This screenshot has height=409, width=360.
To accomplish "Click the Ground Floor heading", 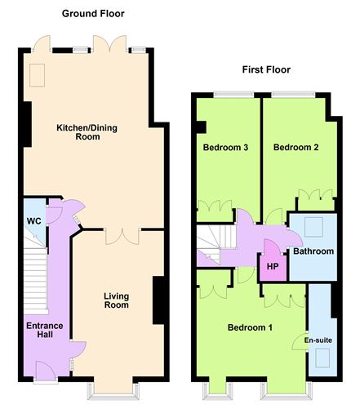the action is point(93,14).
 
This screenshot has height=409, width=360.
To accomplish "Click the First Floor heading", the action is point(266,69).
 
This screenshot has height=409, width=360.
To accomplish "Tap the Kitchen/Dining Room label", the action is point(87,132).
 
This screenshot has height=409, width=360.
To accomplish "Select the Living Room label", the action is point(117,300).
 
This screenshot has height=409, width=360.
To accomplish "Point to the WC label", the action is point(34,221).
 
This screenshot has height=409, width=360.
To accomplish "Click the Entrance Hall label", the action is point(45,330).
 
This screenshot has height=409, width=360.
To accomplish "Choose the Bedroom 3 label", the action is point(225,147).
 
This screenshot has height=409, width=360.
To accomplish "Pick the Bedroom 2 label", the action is point(296,147).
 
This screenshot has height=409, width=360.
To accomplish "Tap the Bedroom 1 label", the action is point(250,327).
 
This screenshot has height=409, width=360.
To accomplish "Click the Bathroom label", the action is point(313,251).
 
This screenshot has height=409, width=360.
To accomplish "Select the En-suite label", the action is point(318,340).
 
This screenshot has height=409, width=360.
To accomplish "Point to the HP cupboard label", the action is point(273,266).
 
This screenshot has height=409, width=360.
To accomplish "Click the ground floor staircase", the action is point(36,280).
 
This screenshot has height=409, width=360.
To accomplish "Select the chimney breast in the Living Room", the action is point(158,300).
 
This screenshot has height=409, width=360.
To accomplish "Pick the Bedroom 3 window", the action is point(233,95).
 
